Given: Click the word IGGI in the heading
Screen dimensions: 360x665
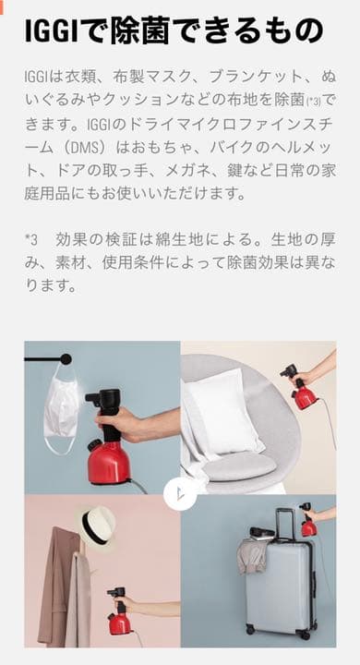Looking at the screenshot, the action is pyautogui.click(x=52, y=30).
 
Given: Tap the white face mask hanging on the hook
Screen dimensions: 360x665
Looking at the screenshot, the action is pyautogui.click(x=61, y=408).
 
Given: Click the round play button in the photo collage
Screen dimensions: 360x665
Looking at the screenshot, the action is pyautogui.click(x=180, y=493).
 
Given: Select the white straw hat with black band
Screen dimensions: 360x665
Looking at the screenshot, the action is pyautogui.click(x=98, y=526).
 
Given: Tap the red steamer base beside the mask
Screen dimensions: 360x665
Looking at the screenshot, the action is pyautogui.click(x=109, y=462).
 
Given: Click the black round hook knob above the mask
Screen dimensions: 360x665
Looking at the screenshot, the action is pyautogui.click(x=66, y=359).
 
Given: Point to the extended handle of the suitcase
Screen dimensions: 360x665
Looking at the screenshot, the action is pyautogui.click(x=285, y=524).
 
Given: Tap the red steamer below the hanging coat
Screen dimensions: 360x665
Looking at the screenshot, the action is pyautogui.click(x=119, y=611).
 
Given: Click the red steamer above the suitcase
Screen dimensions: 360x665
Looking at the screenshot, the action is pyautogui.click(x=308, y=520).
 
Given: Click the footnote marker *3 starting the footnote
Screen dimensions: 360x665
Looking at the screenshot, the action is pyautogui.click(x=31, y=240).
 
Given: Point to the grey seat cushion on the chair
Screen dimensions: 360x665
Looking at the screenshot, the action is pyautogui.click(x=240, y=465).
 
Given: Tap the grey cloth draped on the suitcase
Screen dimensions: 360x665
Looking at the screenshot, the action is pyautogui.click(x=252, y=556).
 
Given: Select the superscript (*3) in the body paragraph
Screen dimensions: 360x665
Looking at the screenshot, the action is pyautogui.click(x=313, y=102).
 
